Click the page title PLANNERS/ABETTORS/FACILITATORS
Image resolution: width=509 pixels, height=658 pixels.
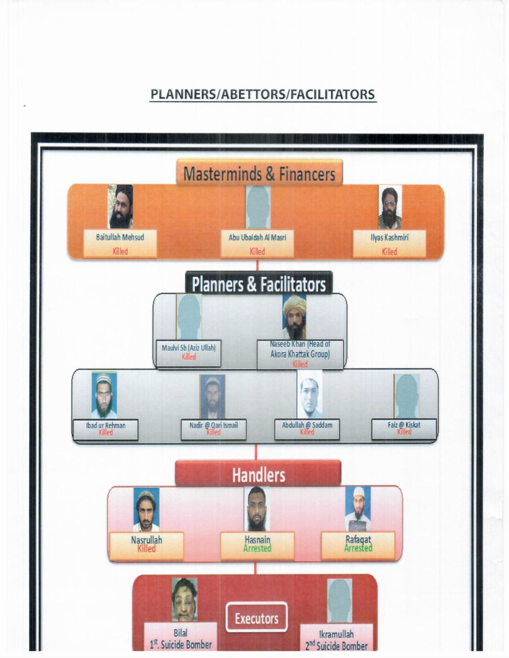click(263, 94)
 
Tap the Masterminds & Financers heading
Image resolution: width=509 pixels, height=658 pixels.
click(259, 174)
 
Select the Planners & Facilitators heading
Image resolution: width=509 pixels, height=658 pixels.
click(258, 285)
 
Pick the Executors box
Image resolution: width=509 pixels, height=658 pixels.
click(256, 619)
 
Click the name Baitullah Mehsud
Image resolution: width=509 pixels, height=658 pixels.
click(120, 237)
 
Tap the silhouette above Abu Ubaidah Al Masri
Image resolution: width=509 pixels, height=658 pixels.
click(258, 207)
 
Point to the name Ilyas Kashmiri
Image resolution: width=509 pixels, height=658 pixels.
click(389, 237)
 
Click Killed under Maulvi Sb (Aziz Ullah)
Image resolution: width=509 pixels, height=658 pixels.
click(189, 357)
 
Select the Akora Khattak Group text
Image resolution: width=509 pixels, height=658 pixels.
click(300, 355)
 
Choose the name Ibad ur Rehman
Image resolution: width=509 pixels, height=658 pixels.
click(106, 425)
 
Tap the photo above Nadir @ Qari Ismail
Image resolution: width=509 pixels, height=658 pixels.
click(212, 396)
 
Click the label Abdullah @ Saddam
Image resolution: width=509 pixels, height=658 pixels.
click(307, 425)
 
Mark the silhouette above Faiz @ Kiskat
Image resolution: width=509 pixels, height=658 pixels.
click(406, 396)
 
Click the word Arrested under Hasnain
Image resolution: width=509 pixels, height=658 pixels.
click(257, 548)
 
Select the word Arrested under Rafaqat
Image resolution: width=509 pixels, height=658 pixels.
click(358, 548)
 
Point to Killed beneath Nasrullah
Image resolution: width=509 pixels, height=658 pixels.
click(146, 548)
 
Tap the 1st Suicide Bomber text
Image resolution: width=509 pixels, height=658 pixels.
click(181, 645)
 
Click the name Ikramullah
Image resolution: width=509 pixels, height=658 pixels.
click(337, 634)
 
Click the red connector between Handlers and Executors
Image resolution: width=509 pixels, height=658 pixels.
click(256, 568)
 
